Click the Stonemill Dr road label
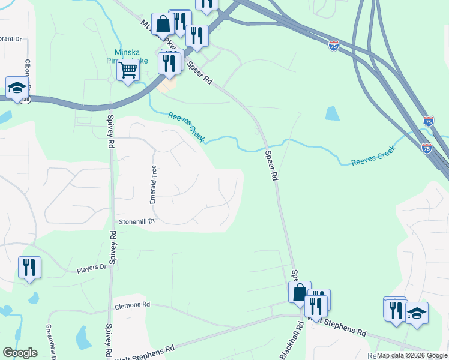click(136, 221)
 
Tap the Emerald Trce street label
click(153, 184)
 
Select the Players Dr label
click(91, 268)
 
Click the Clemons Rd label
click(132, 305)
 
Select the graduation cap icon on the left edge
click(17, 87)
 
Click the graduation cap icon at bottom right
click(417, 313)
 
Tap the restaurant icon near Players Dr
click(29, 267)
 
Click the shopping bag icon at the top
click(163, 24)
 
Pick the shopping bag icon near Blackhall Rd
click(300, 292)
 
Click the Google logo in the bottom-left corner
click(20, 353)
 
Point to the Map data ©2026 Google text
click(412, 355)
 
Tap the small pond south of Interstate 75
click(332, 113)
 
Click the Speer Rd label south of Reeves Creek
click(272, 166)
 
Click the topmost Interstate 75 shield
click(334, 45)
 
